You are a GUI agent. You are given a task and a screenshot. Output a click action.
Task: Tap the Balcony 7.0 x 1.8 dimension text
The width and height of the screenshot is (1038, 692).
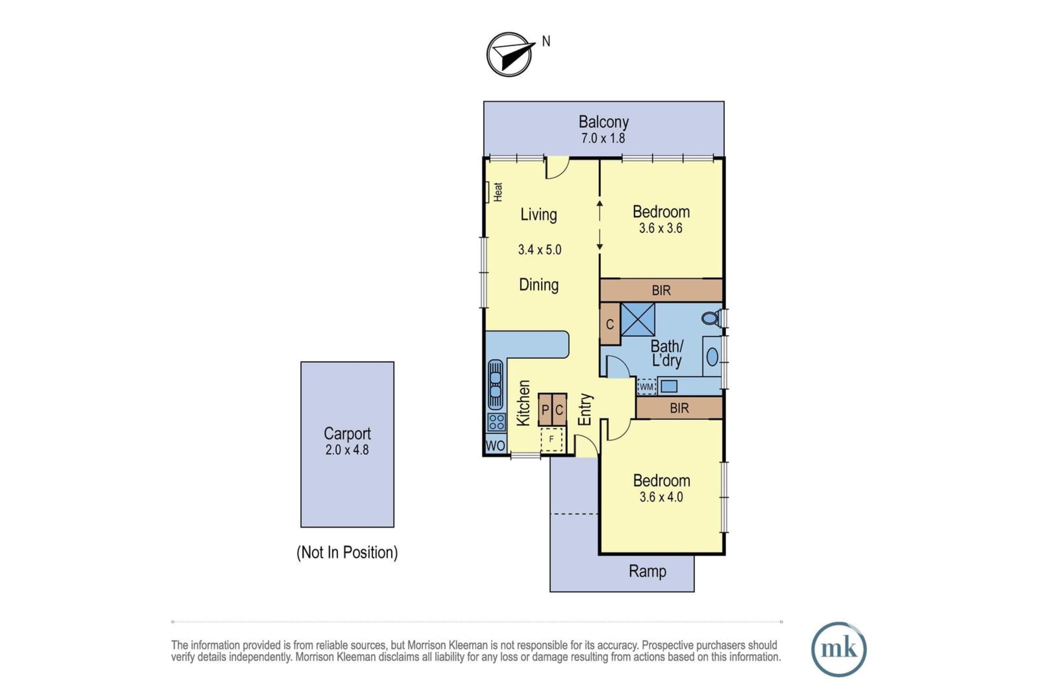603,139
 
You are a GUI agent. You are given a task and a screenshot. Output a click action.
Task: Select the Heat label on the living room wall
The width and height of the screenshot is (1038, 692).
498,191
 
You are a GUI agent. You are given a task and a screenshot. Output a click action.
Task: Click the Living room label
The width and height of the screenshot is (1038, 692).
539,215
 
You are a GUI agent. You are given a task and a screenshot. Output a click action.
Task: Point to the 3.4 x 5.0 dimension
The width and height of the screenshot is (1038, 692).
540,250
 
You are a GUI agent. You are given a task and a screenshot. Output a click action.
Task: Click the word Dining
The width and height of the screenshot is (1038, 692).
539,285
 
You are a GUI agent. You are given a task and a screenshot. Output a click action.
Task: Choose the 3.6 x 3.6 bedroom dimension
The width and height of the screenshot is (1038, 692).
661,228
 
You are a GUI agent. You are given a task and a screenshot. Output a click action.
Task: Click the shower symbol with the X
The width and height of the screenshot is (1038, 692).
638,320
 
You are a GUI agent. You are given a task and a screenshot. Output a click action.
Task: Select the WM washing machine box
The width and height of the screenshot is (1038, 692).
647,386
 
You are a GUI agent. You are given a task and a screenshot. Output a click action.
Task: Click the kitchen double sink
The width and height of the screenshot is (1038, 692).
496,384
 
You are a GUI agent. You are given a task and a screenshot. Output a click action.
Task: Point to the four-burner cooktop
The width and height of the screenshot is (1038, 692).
497,422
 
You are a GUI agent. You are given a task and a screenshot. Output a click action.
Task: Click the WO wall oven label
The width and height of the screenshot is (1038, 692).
495,446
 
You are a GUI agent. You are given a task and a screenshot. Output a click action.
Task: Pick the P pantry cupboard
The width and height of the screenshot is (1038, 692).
545,410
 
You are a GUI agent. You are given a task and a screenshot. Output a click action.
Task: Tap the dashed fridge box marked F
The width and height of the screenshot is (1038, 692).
552,439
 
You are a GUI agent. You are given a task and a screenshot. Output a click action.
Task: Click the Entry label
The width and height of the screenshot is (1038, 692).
585,409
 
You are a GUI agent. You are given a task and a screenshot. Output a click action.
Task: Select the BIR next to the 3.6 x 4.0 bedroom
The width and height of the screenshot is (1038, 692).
679,408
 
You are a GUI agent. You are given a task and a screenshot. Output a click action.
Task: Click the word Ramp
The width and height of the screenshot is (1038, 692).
647,571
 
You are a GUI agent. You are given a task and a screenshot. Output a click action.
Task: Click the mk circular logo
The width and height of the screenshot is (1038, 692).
839,649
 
